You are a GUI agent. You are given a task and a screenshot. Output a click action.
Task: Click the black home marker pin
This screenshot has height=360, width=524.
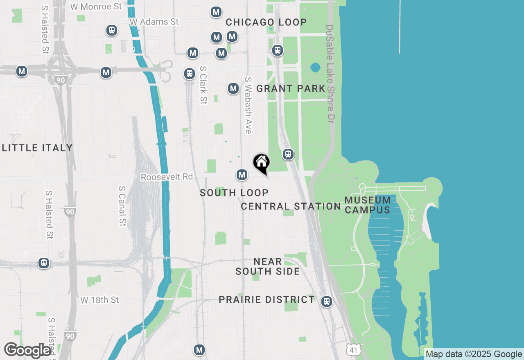pos(261,163)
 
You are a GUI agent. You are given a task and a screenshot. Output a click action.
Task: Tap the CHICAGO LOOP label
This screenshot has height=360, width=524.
pos(266,22)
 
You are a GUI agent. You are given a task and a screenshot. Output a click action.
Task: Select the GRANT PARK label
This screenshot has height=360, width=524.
pos(291,88)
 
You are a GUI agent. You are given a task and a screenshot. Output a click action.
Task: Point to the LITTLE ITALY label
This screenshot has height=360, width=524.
pos(37,148)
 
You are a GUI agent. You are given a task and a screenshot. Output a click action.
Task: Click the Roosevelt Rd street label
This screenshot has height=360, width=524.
pos(167,177)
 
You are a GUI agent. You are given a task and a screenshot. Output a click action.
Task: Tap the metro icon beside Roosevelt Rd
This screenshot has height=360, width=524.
pos(242,175)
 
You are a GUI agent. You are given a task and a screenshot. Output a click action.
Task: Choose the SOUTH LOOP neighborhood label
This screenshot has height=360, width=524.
pos(234,193)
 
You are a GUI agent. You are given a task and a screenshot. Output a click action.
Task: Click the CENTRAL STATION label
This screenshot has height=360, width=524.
pos(291,206)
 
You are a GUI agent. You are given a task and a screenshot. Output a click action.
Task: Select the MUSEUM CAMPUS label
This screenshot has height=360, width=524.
pos(367,205)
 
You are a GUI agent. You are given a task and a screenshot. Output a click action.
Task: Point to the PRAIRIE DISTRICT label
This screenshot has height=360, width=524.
pos(267,299)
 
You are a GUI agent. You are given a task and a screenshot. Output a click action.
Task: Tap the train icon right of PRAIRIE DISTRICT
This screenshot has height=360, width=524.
pos(326,301)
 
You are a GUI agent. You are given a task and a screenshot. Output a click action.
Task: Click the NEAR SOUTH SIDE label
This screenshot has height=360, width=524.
pos(268,266)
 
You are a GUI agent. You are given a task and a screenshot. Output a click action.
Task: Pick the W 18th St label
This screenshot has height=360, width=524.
pos(100,300)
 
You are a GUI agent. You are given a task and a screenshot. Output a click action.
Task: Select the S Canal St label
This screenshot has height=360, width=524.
pos(122,206)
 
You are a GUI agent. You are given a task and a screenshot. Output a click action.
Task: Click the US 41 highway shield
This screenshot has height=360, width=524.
pos(353,350)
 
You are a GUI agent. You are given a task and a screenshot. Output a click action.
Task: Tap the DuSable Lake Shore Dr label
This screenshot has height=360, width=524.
pos(330,74)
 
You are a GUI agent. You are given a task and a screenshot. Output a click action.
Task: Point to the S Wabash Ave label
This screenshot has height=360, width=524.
pos(248,105)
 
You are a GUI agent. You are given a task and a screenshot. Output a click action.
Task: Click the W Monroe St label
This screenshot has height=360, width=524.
pos(96,7)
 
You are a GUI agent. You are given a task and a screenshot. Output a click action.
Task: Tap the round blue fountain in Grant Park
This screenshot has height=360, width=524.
pos(315,67)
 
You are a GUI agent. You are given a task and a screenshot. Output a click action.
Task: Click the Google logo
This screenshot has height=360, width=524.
pos(27,351)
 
